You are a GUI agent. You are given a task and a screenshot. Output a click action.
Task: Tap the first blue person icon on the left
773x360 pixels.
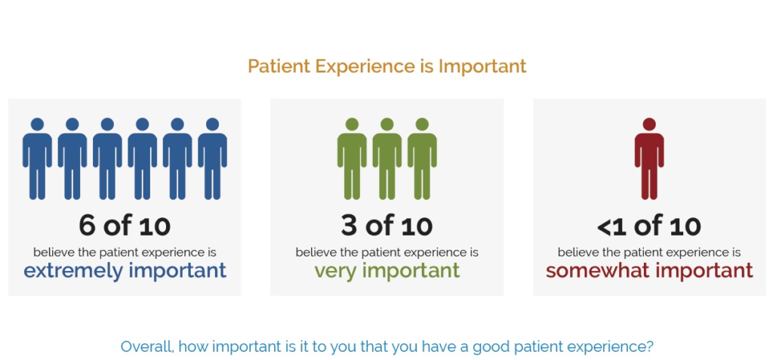click(37, 158)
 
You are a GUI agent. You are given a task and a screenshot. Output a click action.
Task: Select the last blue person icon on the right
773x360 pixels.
click(212, 158)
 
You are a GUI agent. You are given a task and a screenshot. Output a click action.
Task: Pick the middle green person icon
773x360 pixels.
click(387, 158)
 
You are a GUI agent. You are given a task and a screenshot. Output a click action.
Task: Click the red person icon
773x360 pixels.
click(649, 158)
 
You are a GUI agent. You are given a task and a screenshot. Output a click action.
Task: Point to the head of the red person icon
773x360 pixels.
click(649, 125)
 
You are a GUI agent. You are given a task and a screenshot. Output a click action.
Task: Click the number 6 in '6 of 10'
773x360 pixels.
click(87, 226)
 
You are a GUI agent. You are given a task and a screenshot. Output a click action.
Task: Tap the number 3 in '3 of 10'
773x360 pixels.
click(349, 226)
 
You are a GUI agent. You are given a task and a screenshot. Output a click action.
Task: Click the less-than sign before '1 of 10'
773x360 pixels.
click(605, 227)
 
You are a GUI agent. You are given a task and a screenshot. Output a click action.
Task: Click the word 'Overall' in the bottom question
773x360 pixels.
click(146, 346)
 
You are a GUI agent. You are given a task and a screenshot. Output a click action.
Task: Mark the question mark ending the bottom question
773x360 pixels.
click(649, 346)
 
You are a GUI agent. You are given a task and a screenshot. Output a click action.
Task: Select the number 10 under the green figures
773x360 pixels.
click(417, 226)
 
